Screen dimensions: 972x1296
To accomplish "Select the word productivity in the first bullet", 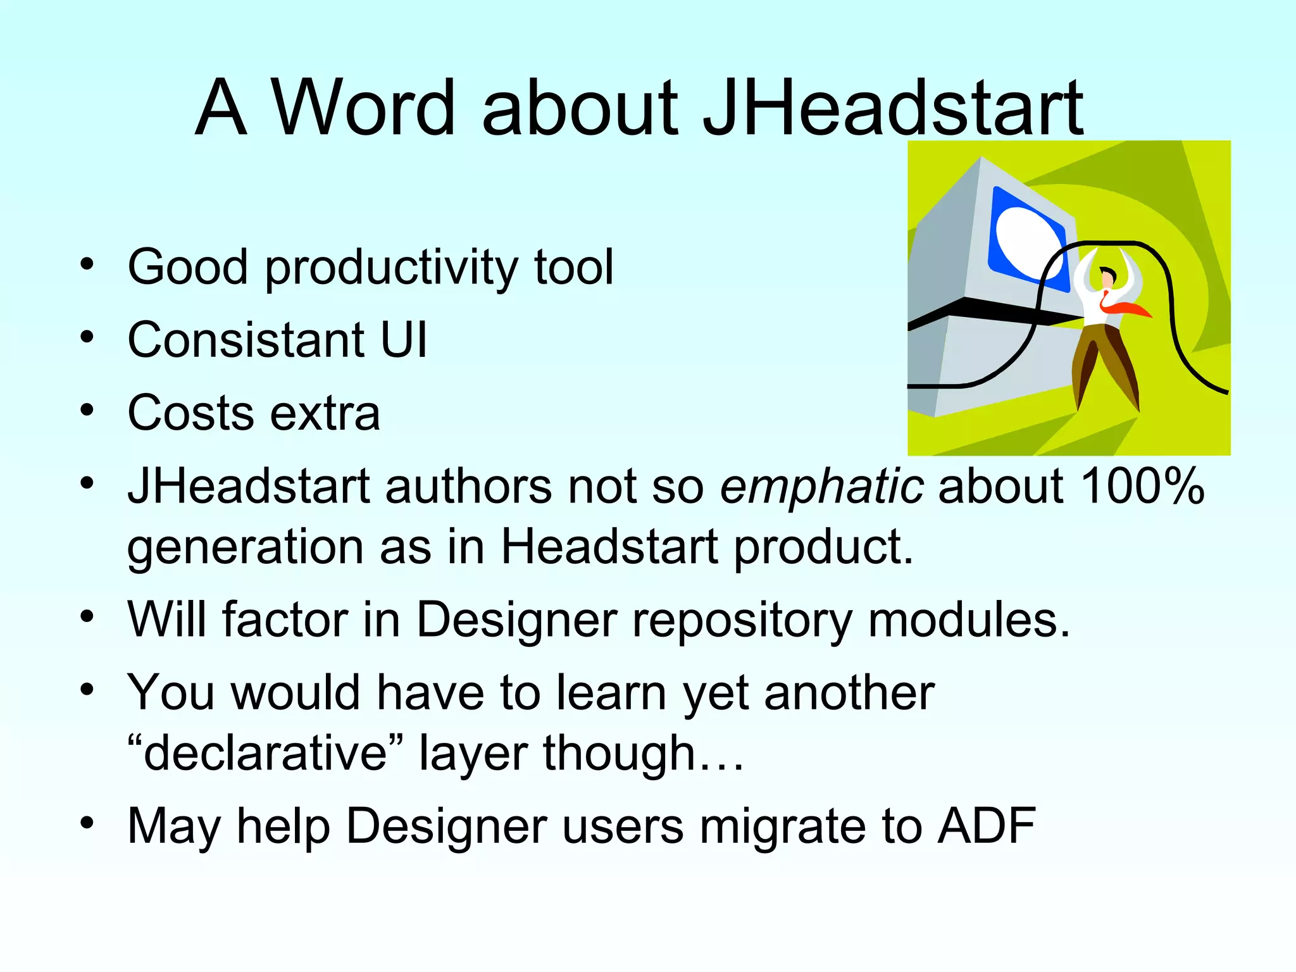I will coord(392,269).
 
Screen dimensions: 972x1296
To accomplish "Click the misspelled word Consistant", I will coord(245,340).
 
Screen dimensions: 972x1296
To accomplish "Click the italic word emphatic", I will coord(821,488).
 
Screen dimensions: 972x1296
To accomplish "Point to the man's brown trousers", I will coord(1105,361).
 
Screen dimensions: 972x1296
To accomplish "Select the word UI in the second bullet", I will coord(404,340).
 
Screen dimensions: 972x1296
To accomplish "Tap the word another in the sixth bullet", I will coord(849,693).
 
